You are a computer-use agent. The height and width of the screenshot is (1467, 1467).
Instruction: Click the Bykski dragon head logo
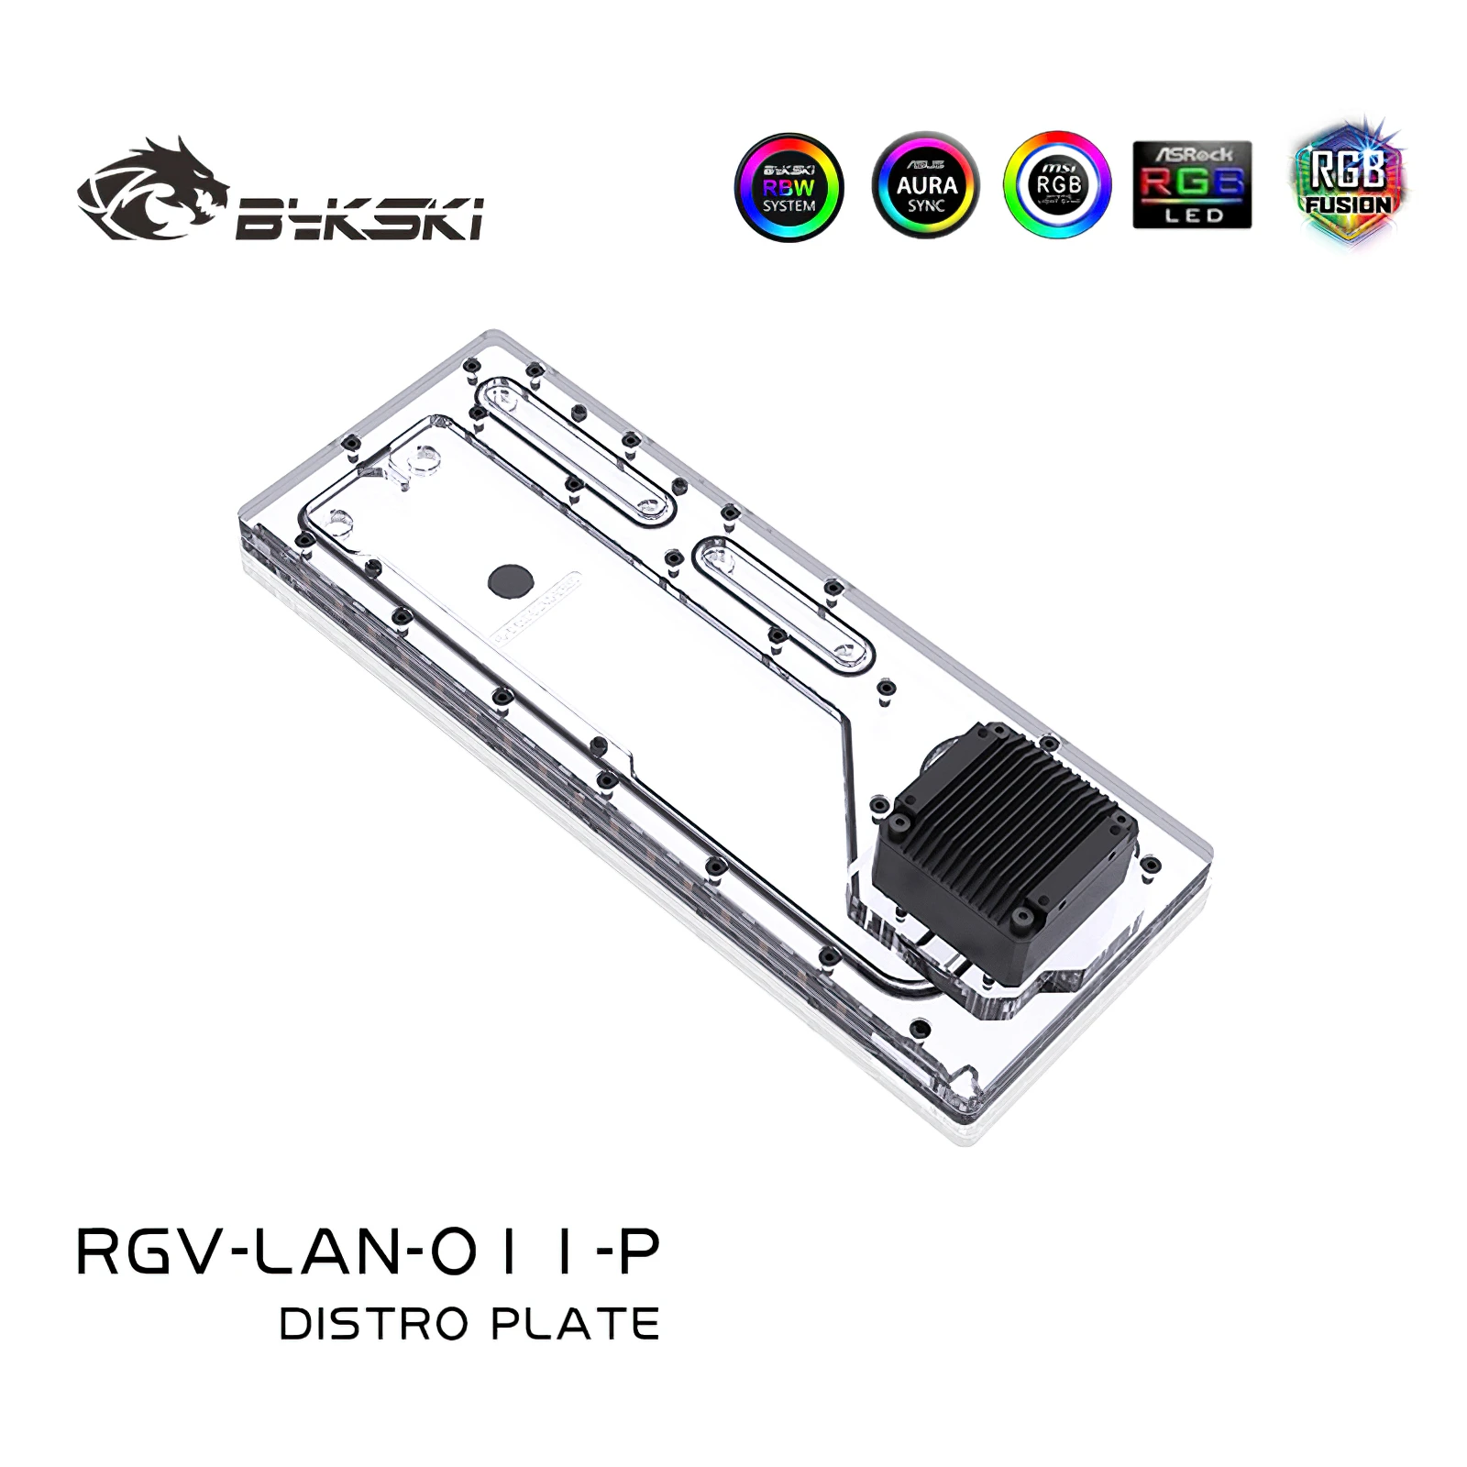tap(152, 189)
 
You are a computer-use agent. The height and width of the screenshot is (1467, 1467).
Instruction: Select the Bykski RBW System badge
tap(789, 186)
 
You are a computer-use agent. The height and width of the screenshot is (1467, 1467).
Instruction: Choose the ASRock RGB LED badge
tap(1192, 185)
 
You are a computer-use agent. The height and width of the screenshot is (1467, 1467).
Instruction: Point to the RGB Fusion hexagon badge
tap(1347, 183)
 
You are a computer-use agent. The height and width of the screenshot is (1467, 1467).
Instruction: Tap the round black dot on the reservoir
tap(505, 579)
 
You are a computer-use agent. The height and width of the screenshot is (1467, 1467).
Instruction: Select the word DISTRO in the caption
tap(376, 1325)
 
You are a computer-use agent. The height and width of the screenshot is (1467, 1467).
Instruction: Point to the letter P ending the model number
tap(639, 1252)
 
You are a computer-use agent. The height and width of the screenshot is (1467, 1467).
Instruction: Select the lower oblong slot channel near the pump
tap(784, 605)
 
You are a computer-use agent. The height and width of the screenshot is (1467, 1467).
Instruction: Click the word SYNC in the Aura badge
tap(926, 206)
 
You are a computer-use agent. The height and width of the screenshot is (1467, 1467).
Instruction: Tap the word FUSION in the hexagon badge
tap(1348, 204)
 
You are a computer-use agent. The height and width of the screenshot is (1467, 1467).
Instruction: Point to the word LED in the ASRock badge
tap(1192, 215)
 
